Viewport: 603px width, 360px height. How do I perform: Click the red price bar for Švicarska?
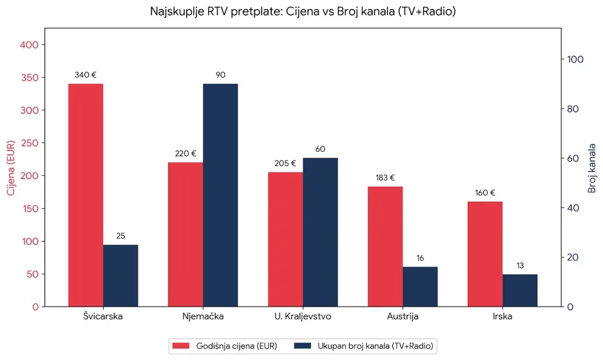point(86,195)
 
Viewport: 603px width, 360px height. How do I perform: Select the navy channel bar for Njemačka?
point(220,195)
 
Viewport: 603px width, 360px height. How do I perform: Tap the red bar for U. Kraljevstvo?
point(285,239)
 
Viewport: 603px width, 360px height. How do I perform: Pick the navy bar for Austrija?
point(420,287)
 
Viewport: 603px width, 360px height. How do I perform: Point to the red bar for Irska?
point(485,254)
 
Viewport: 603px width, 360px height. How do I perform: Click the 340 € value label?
point(86,75)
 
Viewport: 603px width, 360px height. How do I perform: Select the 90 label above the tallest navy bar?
point(220,75)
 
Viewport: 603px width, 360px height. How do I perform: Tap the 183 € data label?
point(385,178)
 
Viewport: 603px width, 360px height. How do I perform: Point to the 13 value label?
point(520,265)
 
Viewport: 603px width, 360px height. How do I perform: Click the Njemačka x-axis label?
point(203,317)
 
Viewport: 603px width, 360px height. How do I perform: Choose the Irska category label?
point(503,317)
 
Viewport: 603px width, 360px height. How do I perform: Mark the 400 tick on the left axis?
point(32,45)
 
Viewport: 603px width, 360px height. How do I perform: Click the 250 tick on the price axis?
point(32,143)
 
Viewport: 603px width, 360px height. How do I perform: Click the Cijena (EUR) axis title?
point(10,167)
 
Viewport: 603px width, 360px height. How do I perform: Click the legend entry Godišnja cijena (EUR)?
point(225,346)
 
